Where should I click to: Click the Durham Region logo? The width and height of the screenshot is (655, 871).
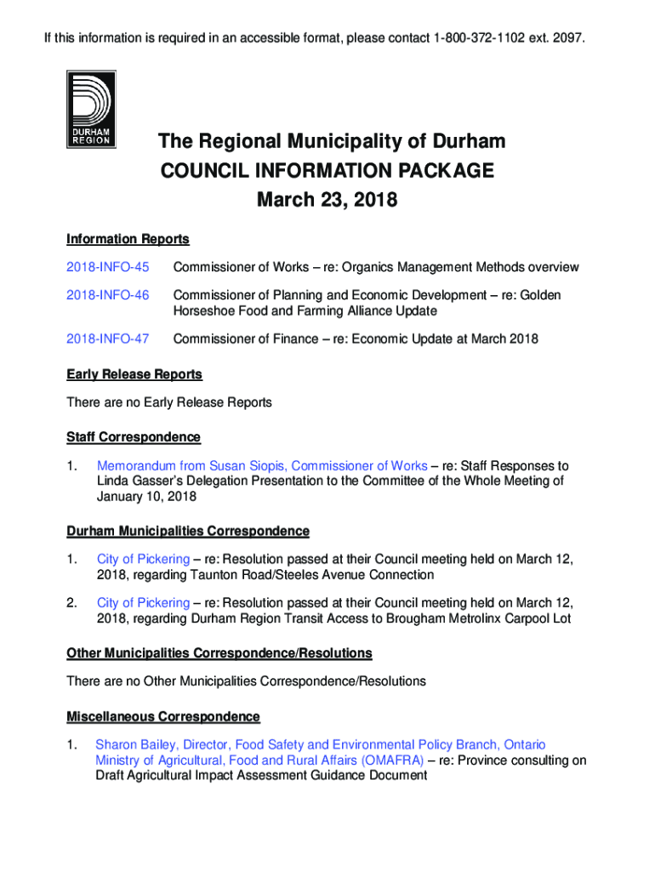[x=91, y=110]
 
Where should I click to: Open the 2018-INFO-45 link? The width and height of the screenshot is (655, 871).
[x=107, y=267]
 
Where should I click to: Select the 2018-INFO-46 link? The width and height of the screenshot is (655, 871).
[x=107, y=295]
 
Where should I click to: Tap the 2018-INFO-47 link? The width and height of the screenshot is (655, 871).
[x=107, y=339]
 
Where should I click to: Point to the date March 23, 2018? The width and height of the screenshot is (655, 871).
[x=327, y=202]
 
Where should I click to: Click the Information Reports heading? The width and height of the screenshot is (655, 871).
[x=128, y=239]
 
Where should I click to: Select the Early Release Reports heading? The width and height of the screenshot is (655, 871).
[x=134, y=374]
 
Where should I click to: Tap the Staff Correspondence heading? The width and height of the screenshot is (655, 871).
[x=134, y=437]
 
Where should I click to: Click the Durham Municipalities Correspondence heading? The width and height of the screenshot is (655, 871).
[x=188, y=532]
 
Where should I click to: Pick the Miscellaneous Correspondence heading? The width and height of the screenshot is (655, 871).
[x=163, y=716]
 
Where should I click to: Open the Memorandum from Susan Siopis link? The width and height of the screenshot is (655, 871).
[x=262, y=465]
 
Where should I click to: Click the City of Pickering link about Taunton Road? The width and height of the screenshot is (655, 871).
[x=143, y=559]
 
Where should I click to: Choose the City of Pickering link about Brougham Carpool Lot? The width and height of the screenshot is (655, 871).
[x=143, y=603]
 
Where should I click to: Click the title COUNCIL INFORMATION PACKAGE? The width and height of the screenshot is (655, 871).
[x=327, y=171]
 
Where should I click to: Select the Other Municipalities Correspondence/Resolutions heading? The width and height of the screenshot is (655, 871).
[x=219, y=653]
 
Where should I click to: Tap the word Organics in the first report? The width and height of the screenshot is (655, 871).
[x=384, y=267]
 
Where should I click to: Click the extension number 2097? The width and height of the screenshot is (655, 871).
[x=570, y=39]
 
